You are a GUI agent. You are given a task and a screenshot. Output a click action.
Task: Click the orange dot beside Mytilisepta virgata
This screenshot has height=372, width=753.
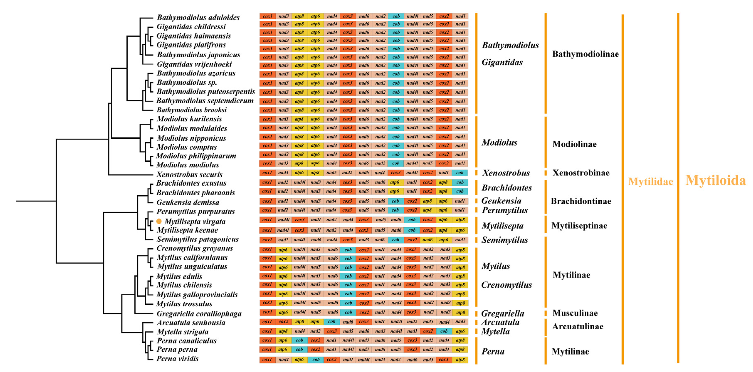click(159, 221)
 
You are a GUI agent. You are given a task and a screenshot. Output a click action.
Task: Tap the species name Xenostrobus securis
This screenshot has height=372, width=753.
click(189, 174)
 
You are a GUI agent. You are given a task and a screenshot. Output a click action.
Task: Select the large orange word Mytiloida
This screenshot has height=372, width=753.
click(715, 180)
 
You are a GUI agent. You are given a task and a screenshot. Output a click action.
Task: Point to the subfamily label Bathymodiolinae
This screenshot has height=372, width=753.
click(585, 54)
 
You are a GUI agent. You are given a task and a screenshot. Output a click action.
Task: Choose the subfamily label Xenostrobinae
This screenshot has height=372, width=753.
click(580, 173)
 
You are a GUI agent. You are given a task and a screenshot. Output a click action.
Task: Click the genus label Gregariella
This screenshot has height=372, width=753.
click(502, 313)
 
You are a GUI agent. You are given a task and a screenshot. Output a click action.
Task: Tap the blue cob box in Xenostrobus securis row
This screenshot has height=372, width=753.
click(459, 173)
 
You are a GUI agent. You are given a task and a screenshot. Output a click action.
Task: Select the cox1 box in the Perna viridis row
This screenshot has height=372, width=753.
click(267, 360)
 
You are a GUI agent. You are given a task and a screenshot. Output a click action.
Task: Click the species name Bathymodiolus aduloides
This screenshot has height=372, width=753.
click(198, 17)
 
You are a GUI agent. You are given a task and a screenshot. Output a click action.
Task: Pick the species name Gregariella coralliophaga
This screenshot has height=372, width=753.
click(199, 314)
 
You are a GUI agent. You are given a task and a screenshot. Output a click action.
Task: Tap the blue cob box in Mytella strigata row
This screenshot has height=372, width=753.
click(444, 331)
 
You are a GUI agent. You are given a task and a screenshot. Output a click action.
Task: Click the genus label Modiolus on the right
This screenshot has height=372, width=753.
click(499, 143)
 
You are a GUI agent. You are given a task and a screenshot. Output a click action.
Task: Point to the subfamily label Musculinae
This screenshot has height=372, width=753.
click(575, 313)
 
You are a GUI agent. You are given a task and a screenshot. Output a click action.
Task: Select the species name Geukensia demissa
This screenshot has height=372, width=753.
click(188, 202)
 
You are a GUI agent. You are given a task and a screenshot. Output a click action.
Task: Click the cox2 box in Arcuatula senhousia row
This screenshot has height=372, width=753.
click(283, 322)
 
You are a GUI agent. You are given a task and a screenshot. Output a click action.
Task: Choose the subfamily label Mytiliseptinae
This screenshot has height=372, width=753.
click(579, 226)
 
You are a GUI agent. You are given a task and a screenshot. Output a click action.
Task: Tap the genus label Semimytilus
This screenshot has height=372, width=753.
click(505, 240)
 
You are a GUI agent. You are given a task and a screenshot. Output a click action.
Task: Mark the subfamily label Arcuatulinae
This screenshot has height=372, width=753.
click(577, 326)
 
